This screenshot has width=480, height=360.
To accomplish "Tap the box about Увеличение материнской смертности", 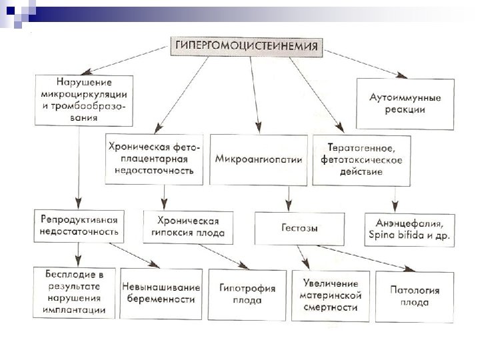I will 331,295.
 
